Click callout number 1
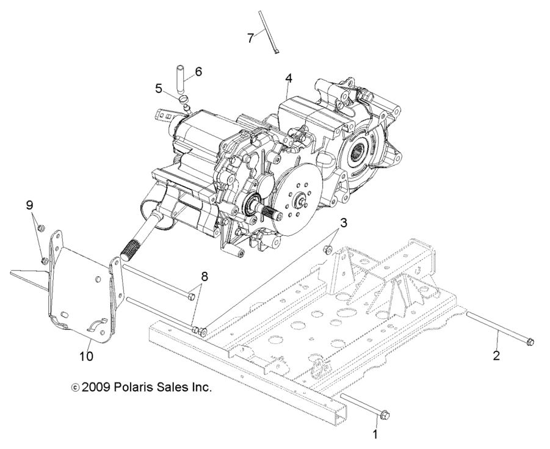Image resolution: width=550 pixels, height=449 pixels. [375, 434]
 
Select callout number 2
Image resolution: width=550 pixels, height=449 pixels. [496, 355]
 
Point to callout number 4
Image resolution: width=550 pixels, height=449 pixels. [288, 78]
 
